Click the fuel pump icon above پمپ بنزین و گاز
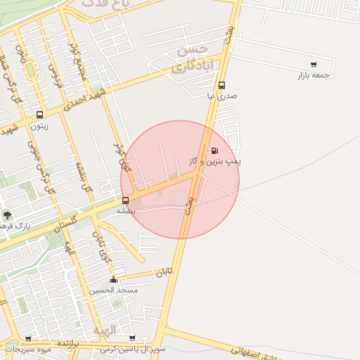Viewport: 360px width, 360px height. coord(214,150)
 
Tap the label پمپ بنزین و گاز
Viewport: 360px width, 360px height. coord(214,162)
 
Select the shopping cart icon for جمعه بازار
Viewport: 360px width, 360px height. coord(314,65)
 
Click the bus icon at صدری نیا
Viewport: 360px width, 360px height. coord(221,85)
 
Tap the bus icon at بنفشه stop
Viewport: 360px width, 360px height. coord(125,200)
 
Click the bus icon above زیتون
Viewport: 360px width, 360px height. coord(39,115)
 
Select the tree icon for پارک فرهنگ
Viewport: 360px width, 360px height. coord(7,215)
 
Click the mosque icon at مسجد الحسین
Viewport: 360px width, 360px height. coord(113,279)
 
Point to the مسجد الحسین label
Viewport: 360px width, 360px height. coord(113,290)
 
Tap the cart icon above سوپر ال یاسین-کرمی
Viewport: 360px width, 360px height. coord(132,338)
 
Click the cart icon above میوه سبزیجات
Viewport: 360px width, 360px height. coord(28,338)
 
